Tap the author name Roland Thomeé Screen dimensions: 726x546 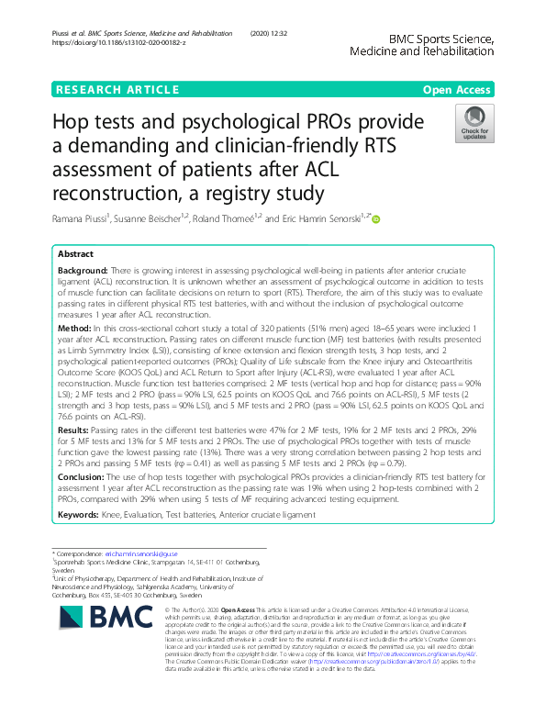[x=228, y=219]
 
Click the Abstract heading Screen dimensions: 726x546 [x=75, y=253]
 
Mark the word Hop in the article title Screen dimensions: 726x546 [x=72, y=123]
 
